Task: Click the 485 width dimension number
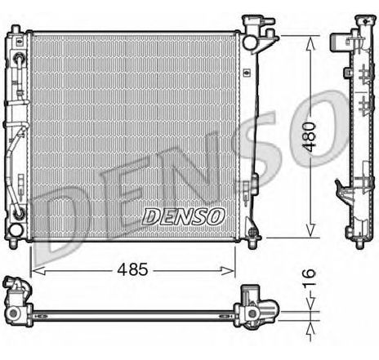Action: point(132,269)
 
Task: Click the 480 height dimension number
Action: point(310,137)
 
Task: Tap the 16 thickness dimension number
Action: point(310,278)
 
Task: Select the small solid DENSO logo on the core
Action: point(184,217)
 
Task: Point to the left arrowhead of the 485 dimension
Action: point(38,271)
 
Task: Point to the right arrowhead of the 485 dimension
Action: point(227,270)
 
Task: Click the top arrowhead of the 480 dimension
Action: point(310,43)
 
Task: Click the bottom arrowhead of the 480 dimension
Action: point(310,230)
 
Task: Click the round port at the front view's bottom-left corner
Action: point(16,231)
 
